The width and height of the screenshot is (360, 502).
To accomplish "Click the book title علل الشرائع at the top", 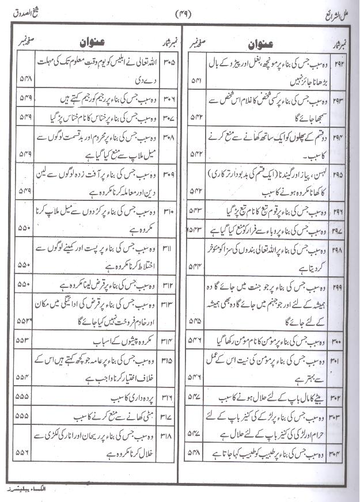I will click(327, 13).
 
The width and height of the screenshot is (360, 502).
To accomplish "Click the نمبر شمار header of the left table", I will click(169, 43).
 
